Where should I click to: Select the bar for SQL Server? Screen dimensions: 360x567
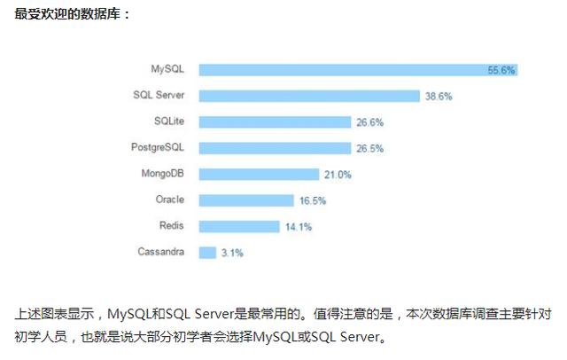309,95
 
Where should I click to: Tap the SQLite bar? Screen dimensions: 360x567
276,121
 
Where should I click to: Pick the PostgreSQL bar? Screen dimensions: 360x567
275,148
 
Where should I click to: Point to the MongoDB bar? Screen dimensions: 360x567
259,174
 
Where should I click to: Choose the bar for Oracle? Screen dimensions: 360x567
245,200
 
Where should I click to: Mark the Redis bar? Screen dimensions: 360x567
239,226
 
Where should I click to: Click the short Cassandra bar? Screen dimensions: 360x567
208,253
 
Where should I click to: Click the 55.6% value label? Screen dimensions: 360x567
501,70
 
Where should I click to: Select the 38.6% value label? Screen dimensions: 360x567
439,96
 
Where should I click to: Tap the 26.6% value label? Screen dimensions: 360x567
369,122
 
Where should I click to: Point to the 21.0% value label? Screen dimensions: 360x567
338,175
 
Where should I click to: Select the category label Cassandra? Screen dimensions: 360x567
161,252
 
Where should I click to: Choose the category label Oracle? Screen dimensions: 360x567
169,200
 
